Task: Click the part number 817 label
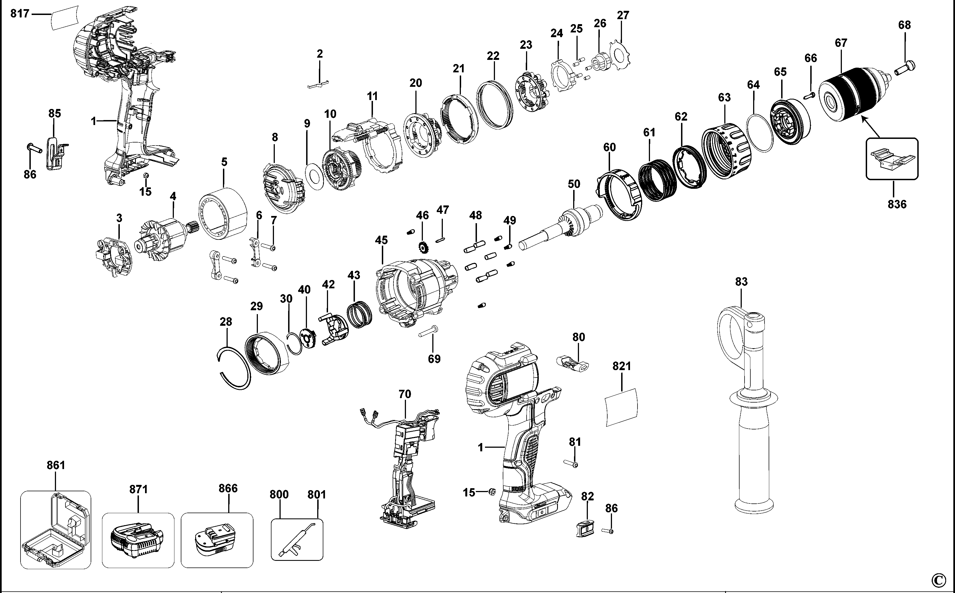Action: [20, 14]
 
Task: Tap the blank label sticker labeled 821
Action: [621, 408]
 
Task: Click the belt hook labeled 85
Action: [57, 153]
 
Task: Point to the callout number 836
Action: [897, 204]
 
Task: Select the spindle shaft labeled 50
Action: [561, 230]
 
